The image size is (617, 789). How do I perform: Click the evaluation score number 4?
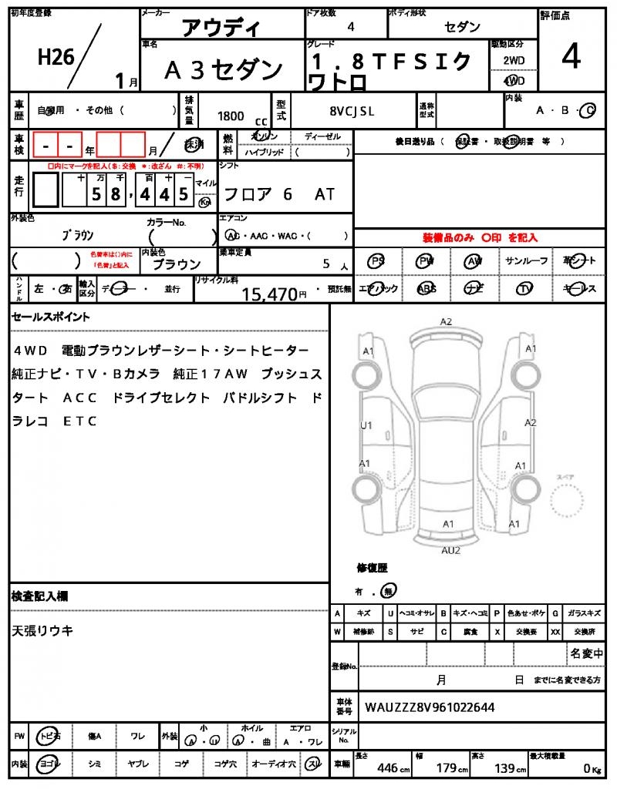point(571,58)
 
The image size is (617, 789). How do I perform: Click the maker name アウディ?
point(221,28)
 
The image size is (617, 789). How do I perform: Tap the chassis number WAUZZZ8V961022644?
point(430,707)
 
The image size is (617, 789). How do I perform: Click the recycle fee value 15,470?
point(269,294)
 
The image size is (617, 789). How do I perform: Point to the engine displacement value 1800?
point(231,116)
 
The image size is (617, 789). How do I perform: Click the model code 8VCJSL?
point(352,111)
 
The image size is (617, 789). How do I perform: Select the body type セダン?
point(462,27)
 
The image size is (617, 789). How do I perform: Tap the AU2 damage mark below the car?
point(450,550)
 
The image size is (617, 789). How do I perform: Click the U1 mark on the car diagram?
point(366,425)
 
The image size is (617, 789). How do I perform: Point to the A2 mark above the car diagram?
point(446,321)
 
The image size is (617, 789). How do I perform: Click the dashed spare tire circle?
point(572,505)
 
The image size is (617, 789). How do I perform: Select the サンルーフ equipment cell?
point(527,261)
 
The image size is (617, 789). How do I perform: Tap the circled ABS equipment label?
point(426,288)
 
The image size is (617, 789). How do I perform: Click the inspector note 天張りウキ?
point(43,630)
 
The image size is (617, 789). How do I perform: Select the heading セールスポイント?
point(51,317)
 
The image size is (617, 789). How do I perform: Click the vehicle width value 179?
point(448,767)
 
